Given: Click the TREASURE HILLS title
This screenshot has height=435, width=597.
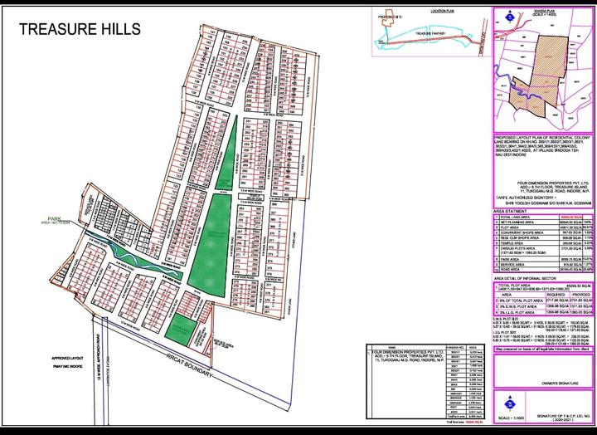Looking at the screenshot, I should point(80,28).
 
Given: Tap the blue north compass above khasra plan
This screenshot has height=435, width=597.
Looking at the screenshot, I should point(503,15).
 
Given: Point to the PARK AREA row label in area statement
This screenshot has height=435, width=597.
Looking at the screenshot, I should point(511,257).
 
